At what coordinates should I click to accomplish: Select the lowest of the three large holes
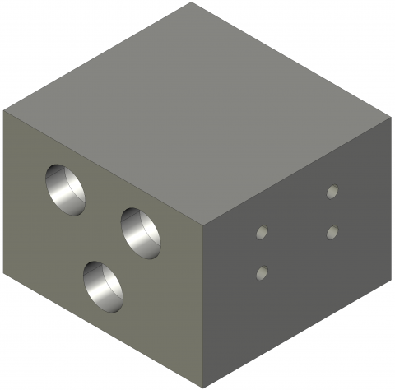103,286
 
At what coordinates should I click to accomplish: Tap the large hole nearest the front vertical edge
141,233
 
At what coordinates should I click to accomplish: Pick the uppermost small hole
332,192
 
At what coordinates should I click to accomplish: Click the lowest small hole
263,272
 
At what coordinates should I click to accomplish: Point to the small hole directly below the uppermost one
332,233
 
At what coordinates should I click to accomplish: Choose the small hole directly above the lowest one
263,233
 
